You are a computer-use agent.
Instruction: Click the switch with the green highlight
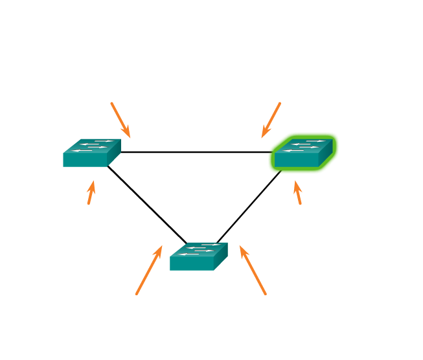(303, 153)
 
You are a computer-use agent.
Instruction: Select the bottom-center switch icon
(198, 256)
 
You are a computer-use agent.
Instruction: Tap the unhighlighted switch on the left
(91, 153)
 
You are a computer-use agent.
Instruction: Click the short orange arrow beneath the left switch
(91, 193)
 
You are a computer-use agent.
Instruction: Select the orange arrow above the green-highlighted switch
(271, 119)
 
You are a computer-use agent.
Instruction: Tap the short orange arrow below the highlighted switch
(297, 193)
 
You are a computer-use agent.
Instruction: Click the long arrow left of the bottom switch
(149, 269)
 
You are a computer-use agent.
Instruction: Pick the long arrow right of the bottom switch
(253, 269)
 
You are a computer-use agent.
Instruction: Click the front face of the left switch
(85, 160)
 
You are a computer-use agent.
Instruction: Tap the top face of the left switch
(95, 145)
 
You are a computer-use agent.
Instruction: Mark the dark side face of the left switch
(114, 152)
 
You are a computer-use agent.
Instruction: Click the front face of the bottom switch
(192, 264)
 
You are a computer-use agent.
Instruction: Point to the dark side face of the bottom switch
(221, 256)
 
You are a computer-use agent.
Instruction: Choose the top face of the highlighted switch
(306, 145)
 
